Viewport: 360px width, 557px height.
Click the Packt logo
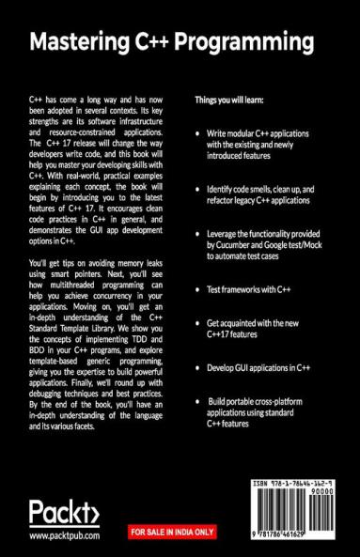(64, 513)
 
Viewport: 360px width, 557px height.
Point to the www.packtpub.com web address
(64, 537)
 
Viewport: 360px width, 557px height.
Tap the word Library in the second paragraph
(119, 369)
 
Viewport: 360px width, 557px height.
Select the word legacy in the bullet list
(237, 201)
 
